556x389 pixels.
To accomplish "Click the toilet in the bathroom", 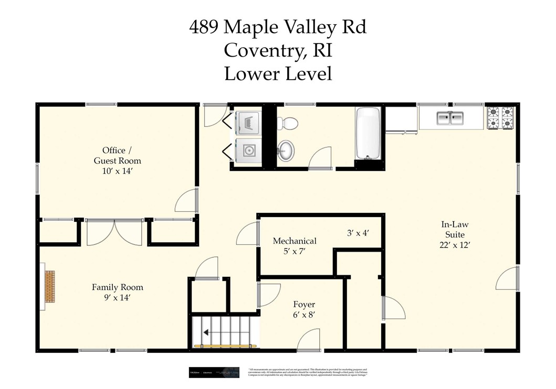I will coord(287,123).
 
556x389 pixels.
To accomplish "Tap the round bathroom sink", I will coord(286,150).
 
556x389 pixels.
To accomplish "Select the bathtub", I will coord(369,133).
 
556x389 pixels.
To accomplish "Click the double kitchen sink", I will coord(450,119).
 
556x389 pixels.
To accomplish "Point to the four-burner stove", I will coord(500,118).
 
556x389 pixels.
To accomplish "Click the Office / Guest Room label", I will coord(117,156).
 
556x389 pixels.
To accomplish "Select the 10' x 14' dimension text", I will coord(118,171).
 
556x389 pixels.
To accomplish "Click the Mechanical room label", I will coord(295,241).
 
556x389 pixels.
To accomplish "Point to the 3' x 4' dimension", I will coord(359,233).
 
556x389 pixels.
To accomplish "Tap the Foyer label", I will coord(304,305).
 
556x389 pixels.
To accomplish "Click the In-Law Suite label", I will coord(454,230).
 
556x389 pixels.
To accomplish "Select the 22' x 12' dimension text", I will coord(454,245).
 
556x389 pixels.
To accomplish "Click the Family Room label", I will coord(117,287).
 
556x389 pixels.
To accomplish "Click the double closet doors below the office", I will coord(114,233).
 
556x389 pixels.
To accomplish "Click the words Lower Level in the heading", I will coord(278,73).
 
